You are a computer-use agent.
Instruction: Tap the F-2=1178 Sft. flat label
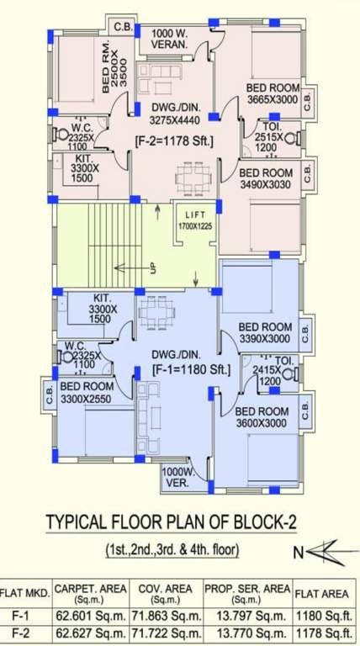point(176,142)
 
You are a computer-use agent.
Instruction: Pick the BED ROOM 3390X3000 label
point(264,333)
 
